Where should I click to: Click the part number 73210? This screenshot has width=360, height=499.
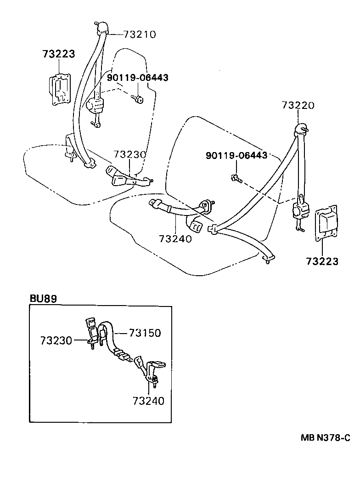140,34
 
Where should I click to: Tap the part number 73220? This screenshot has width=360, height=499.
298,105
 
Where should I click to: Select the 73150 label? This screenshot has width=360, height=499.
145,333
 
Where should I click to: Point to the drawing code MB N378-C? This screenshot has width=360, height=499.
325,438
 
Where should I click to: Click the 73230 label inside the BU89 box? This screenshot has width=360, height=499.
56,340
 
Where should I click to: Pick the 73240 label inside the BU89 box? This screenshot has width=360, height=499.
148,401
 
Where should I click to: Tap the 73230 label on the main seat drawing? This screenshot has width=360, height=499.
130,154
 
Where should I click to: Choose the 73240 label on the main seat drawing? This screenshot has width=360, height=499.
175,238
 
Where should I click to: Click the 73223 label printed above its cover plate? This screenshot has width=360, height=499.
58,54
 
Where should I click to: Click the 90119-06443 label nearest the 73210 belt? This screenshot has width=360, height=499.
137,78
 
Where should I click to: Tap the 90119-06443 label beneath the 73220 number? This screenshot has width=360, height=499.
236,155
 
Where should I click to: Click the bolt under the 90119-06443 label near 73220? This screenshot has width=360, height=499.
235,178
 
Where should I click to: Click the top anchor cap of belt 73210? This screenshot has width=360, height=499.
102,27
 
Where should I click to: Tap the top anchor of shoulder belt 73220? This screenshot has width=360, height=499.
301,128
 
